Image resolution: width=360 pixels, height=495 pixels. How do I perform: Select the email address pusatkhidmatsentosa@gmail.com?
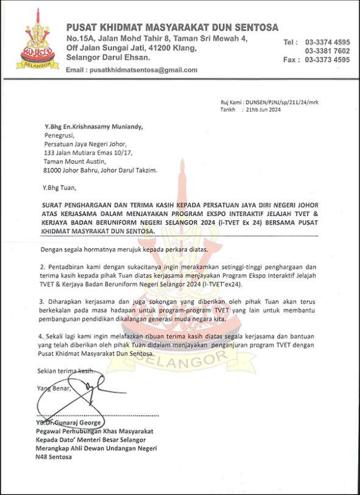pyautogui.click(x=143, y=70)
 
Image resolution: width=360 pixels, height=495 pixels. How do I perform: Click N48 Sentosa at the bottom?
pyautogui.click(x=53, y=457)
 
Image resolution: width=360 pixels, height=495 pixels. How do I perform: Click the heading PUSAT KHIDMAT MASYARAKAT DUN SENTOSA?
pyautogui.click(x=172, y=27)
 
